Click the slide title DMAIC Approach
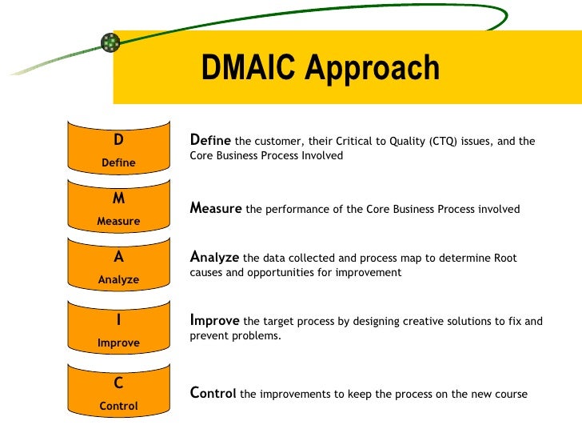pyautogui.click(x=320, y=69)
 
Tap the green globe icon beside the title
pyautogui.click(x=110, y=42)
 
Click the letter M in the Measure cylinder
pyautogui.click(x=118, y=198)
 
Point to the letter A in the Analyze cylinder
pyautogui.click(x=118, y=258)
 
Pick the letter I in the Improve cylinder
pyautogui.click(x=118, y=320)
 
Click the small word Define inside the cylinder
pyautogui.click(x=118, y=163)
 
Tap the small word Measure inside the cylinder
pyautogui.click(x=118, y=221)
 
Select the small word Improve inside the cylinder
pyautogui.click(x=118, y=343)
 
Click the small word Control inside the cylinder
pyautogui.click(x=118, y=406)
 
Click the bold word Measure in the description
pyautogui.click(x=216, y=208)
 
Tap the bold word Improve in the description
pyautogui.click(x=214, y=320)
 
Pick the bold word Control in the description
pyautogui.click(x=213, y=393)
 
